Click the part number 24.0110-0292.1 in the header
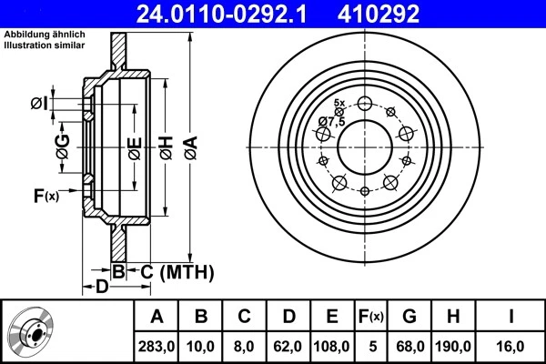(x=234, y=14)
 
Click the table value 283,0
(x=157, y=346)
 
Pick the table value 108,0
(x=332, y=346)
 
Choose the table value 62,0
(x=288, y=346)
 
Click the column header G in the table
(x=409, y=317)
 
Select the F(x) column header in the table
(x=370, y=317)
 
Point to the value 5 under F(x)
(x=370, y=346)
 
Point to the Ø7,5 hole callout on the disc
(x=331, y=122)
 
